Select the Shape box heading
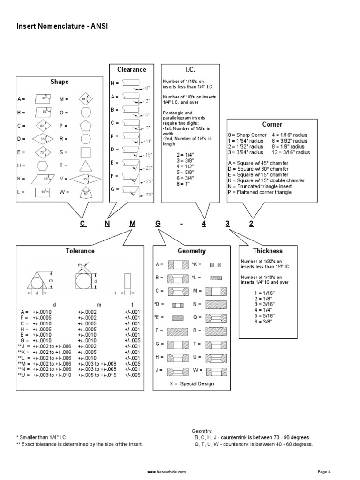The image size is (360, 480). click(60, 82)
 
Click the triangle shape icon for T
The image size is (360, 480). click(85, 165)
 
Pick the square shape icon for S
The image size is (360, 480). click(85, 152)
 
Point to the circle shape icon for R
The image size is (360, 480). click(85, 139)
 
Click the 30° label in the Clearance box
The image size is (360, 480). click(150, 195)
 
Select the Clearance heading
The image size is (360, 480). click(132, 69)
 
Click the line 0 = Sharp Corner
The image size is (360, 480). click(247, 135)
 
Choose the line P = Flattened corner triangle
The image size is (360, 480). click(260, 192)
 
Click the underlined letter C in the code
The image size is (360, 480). click(82, 224)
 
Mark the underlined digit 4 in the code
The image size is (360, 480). click(204, 224)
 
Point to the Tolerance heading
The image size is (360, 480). click(80, 251)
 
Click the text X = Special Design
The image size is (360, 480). click(192, 383)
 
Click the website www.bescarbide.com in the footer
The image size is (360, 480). click(166, 471)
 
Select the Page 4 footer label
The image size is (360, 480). click(324, 471)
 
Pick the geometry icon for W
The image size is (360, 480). click(215, 370)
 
